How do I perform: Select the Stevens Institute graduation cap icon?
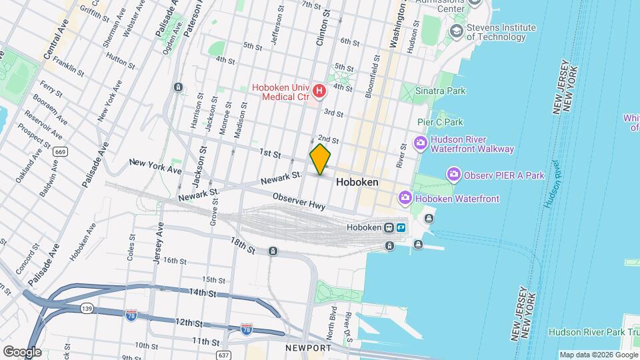[456, 31]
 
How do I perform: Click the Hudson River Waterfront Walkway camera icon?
[421, 143]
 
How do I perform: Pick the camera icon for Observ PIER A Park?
[454, 175]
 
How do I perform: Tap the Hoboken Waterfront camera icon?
[405, 198]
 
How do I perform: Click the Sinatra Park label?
[440, 91]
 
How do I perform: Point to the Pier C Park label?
[440, 122]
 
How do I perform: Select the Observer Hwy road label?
[299, 201]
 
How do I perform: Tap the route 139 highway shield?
[86, 308]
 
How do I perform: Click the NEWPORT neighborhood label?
[307, 348]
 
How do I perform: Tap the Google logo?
[22, 351]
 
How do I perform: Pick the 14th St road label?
[202, 292]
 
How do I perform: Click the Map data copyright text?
[597, 355]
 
